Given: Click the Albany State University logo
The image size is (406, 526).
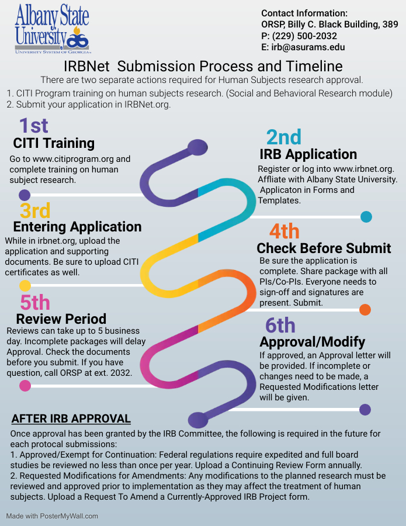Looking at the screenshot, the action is tap(52, 29).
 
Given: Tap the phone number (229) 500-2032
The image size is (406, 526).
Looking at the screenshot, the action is tap(304, 36).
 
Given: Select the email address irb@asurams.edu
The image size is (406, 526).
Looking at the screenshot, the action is tap(308, 47).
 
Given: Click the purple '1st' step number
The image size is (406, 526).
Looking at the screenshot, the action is tap(33, 126).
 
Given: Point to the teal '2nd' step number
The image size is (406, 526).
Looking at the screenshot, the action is tap(284, 137).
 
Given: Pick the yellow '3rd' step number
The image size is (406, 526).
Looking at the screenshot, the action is tap(35, 210).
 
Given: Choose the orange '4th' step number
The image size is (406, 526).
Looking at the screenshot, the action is tap(284, 231).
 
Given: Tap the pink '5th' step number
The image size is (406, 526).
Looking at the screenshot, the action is tap(35, 302).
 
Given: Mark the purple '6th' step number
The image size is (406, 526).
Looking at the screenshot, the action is tap(280, 325).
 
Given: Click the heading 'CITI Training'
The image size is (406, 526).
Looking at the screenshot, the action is tap(54, 143).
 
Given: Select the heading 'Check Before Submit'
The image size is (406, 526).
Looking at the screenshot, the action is tap(324, 248).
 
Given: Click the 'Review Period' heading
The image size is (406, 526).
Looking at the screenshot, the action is tap(61, 319).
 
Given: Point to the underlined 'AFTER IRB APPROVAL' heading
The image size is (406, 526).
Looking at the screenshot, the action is tap(71, 418).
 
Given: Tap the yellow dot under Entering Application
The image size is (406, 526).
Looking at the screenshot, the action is tap(25, 286).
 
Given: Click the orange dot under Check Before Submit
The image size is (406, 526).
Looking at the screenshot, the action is tap(365, 310).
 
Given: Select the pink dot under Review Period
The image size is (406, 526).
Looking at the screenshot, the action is tap(25, 386).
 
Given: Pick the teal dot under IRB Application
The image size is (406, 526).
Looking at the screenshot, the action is tap(366, 217).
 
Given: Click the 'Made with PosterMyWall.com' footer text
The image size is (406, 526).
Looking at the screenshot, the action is tap(52, 516).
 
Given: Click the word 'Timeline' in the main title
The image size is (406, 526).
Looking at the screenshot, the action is tap(314, 66).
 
